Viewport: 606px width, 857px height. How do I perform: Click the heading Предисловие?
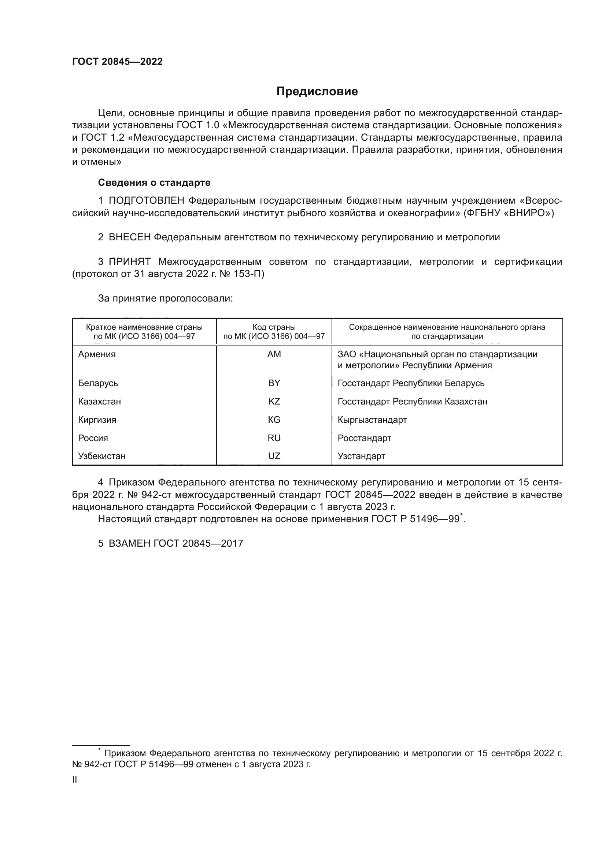click(x=317, y=92)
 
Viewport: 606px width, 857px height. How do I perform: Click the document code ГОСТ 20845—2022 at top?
click(x=117, y=62)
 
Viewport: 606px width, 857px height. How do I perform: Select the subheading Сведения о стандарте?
click(x=154, y=182)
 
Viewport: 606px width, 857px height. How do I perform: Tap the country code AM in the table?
click(x=274, y=354)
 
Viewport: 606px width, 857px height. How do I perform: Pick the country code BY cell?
click(x=274, y=383)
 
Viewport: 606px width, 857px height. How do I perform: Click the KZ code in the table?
click(x=274, y=402)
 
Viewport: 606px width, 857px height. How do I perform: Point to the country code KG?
click(x=274, y=420)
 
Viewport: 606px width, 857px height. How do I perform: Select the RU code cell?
click(x=274, y=438)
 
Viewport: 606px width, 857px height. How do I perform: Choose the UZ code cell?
click(x=274, y=456)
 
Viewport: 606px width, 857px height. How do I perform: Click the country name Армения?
click(x=97, y=354)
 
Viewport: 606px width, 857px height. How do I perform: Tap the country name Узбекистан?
click(x=101, y=456)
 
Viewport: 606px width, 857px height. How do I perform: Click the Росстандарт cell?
click(x=364, y=438)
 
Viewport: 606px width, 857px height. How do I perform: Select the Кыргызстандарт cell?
click(x=372, y=420)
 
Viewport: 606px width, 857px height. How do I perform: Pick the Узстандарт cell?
click(x=361, y=456)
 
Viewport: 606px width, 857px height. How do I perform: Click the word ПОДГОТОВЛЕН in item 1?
click(x=146, y=201)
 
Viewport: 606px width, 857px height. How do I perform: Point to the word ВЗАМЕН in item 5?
click(x=129, y=543)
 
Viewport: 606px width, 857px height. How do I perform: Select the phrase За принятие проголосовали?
click(x=165, y=299)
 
